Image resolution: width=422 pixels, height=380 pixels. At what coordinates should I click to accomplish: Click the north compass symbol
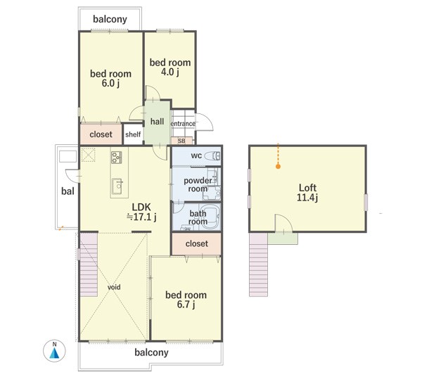[x=54, y=350]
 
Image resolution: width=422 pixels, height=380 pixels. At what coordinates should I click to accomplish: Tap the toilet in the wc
[x=212, y=156]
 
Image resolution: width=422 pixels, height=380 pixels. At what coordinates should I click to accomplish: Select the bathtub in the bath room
[x=211, y=216]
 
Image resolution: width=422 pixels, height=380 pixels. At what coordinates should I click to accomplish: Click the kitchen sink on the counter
[x=117, y=186]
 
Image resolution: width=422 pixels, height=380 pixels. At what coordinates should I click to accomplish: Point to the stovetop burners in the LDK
[x=117, y=158]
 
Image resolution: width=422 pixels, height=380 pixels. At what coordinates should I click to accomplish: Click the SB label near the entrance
[x=181, y=141]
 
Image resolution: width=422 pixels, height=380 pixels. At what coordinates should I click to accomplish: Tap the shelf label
[x=133, y=134]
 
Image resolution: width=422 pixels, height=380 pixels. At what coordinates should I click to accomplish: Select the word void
[x=114, y=287]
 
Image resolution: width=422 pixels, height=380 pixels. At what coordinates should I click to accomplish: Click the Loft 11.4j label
[x=307, y=193]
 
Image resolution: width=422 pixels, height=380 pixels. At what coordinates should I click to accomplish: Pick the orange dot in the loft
[x=279, y=167]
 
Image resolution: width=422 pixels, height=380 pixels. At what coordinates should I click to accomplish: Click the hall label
[x=157, y=122]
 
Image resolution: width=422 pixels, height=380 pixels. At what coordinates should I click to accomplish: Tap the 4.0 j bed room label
[x=170, y=68]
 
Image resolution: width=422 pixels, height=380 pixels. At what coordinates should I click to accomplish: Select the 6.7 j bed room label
[x=186, y=300]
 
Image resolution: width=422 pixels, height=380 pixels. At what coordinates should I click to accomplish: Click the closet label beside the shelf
[x=101, y=134]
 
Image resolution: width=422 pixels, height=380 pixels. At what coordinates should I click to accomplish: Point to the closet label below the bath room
[x=197, y=243]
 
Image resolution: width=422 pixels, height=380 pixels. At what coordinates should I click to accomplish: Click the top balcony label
[x=110, y=19]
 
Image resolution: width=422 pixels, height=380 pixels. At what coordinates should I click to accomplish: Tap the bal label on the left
[x=68, y=191]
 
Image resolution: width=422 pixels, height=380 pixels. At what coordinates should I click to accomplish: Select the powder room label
[x=198, y=184]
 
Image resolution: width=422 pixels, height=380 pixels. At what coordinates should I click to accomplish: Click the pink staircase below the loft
[x=258, y=265]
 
